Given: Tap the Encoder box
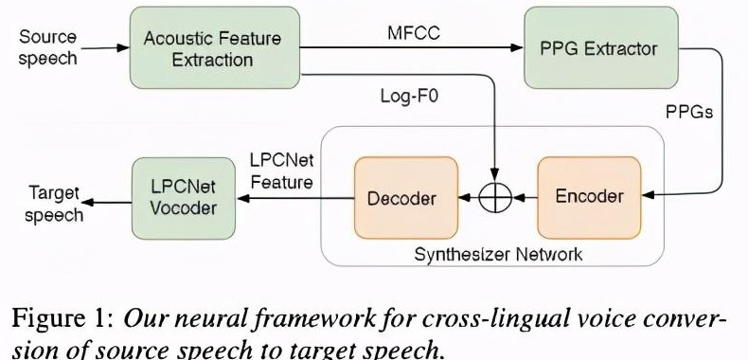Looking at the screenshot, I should (x=589, y=197).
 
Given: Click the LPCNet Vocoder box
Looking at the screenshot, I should (x=184, y=197).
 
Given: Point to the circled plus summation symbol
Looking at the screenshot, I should (x=496, y=197).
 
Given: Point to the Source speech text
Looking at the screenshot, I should (x=47, y=47).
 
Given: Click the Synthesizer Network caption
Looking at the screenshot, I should (x=498, y=254).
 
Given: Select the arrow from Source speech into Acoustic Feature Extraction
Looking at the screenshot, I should (x=103, y=48).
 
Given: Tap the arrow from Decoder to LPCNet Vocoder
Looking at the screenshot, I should (x=294, y=198).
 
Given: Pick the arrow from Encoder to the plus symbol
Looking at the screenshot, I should (x=525, y=198).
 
